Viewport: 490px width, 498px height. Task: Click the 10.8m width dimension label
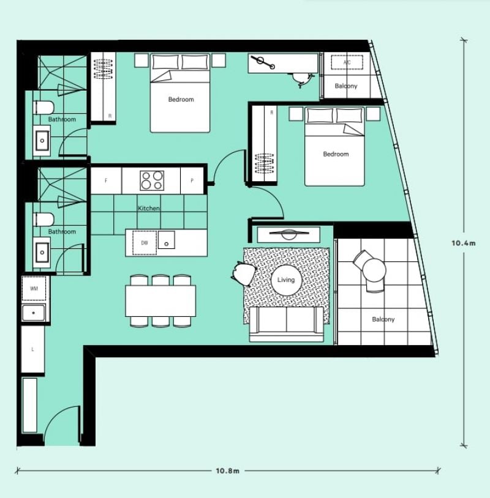coord(227,470)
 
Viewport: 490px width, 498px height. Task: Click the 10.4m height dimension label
coord(464,243)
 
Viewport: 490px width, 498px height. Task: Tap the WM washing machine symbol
coord(34,289)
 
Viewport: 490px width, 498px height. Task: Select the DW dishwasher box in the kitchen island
coord(145,243)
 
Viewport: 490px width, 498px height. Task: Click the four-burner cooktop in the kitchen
coord(152,180)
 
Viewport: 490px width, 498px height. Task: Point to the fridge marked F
coord(106,180)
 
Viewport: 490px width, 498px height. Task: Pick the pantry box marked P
coord(192,180)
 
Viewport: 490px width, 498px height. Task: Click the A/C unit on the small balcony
coord(347,62)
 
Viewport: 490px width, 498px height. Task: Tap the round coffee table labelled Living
coord(286,280)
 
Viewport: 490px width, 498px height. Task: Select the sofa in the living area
coord(286,324)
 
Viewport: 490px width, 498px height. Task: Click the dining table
coord(160,301)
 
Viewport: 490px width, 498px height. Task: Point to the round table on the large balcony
coord(373,270)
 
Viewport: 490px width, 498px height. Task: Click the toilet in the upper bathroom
coord(43,108)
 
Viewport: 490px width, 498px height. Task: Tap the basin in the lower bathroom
coord(42,253)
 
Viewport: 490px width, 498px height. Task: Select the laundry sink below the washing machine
coord(34,313)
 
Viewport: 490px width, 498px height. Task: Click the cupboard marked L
coord(32,349)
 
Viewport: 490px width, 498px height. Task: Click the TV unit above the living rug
coord(288,235)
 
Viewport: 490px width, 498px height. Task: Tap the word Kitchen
coord(148,209)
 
